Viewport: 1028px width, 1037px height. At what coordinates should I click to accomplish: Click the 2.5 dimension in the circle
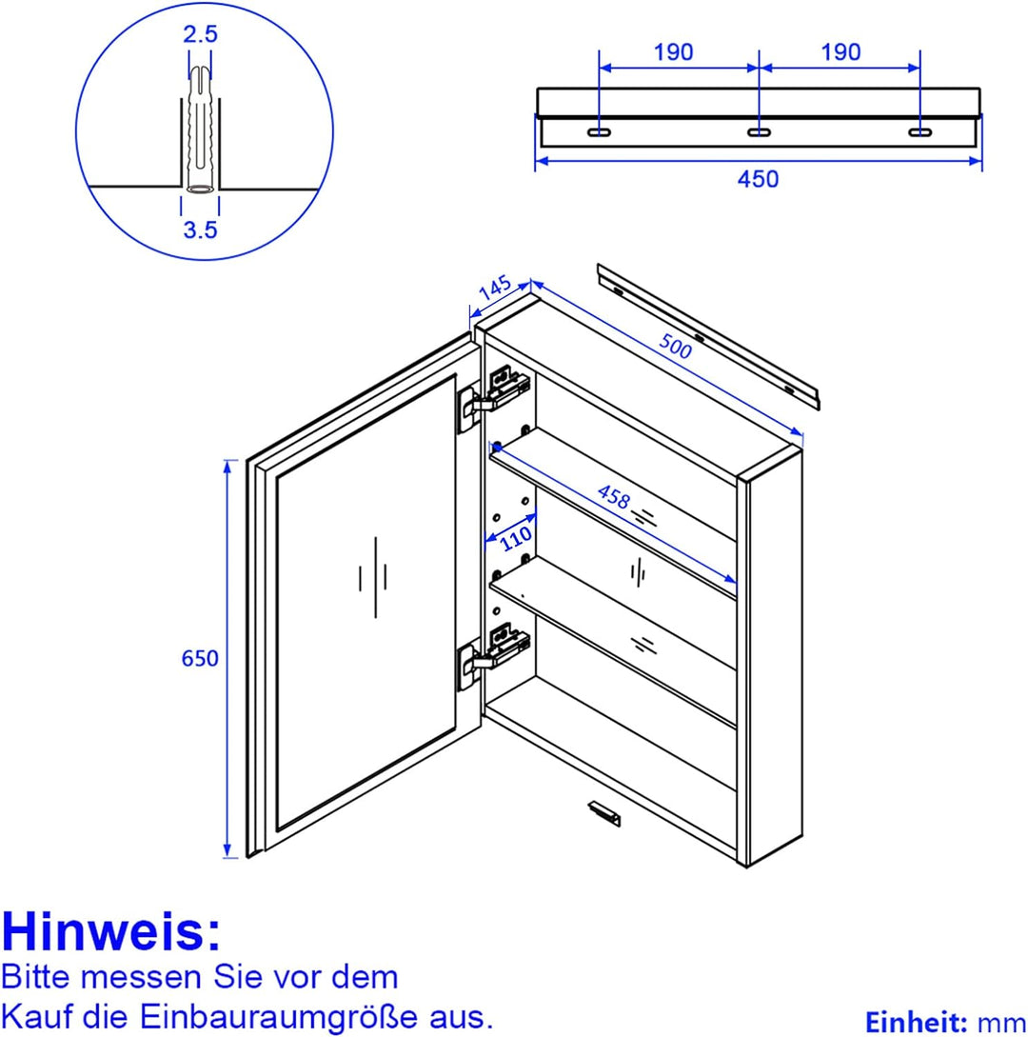pos(200,35)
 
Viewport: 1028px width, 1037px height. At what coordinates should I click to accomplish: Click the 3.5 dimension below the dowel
pos(200,229)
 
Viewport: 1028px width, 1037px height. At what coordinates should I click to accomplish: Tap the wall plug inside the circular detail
pos(200,133)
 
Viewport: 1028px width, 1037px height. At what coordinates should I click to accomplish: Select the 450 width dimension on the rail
pos(758,178)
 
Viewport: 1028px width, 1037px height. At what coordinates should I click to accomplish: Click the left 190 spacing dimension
pos(674,52)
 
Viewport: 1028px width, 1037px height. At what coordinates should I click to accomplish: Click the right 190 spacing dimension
pos(840,52)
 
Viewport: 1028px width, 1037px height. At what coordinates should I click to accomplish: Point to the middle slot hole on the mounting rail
pos(759,131)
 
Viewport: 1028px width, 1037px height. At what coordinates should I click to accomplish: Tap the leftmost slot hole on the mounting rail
pos(599,131)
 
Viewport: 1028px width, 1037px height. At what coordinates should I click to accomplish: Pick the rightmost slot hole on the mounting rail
pos(919,131)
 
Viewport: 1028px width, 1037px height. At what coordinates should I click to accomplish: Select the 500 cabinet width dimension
pos(675,347)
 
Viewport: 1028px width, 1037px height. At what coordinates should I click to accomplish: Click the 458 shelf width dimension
pos(614,496)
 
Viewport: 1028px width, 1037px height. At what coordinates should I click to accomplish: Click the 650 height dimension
pos(200,659)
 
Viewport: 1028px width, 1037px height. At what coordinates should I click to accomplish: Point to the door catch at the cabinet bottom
pos(603,812)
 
